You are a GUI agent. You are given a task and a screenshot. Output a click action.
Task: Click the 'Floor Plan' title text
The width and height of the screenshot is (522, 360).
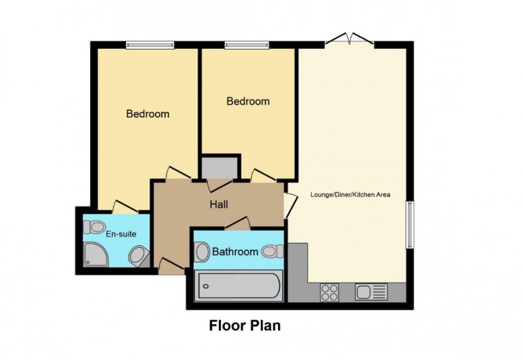(x=244, y=325)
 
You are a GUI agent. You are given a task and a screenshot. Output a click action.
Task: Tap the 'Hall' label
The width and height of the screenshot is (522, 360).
(x=218, y=204)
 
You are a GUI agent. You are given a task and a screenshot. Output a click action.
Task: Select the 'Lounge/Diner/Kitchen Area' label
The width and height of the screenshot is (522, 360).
(x=350, y=195)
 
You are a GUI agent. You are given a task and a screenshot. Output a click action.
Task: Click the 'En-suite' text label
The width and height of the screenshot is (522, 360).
(x=121, y=234)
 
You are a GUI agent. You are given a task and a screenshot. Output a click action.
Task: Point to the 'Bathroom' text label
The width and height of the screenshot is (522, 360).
(x=235, y=252)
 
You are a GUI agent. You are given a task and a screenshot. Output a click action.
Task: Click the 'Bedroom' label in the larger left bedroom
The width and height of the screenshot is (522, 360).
(x=147, y=114)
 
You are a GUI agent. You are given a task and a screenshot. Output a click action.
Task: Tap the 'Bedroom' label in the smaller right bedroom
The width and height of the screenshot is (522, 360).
(x=247, y=101)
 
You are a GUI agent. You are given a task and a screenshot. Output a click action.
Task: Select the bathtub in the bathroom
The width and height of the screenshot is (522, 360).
(x=238, y=286)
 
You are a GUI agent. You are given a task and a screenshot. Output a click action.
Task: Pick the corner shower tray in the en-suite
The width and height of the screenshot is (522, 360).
(x=94, y=255)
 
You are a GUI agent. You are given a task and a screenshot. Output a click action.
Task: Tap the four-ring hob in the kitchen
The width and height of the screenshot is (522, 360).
(x=330, y=292)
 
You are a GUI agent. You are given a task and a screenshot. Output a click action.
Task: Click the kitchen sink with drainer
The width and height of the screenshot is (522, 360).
(x=371, y=292)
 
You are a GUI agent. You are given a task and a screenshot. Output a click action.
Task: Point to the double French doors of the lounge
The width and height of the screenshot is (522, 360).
(x=349, y=39)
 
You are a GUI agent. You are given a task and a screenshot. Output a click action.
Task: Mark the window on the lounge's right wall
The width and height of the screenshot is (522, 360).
(x=410, y=225)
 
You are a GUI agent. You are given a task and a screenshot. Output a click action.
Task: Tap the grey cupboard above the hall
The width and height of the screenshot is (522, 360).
(x=219, y=167)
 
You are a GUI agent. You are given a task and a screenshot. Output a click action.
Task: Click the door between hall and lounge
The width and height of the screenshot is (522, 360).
(x=290, y=201)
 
